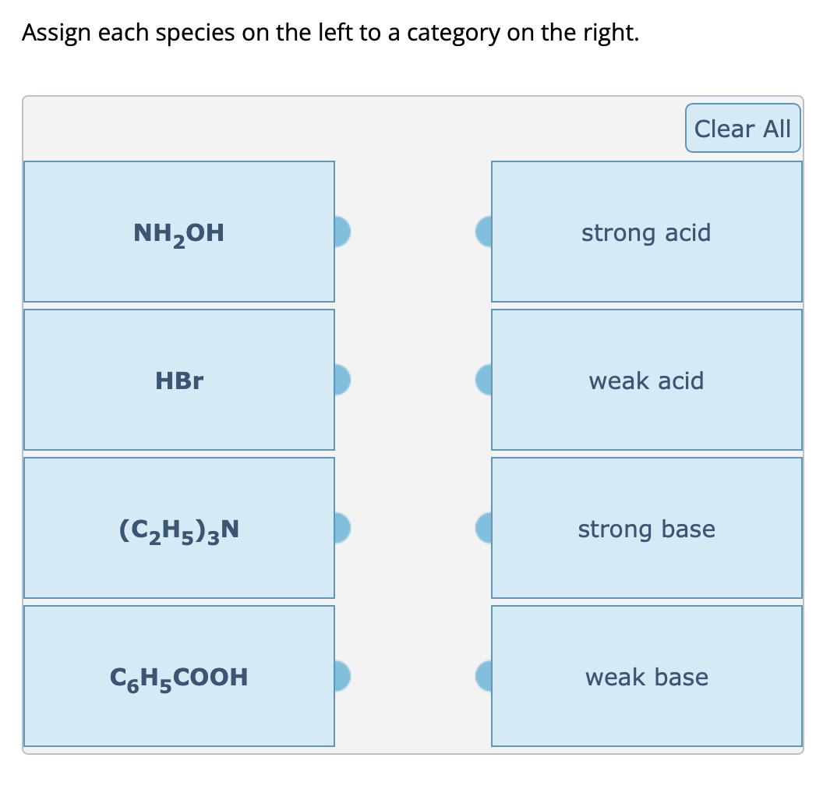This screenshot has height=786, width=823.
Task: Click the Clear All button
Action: pyautogui.click(x=742, y=128)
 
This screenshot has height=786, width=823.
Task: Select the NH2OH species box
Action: pyautogui.click(x=179, y=232)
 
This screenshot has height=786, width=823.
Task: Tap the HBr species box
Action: pyautogui.click(x=179, y=380)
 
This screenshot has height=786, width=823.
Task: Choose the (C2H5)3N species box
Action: pyautogui.click(x=179, y=528)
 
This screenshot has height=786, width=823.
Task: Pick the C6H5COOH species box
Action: pyautogui.click(x=179, y=676)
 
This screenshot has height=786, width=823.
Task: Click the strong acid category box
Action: pyautogui.click(x=646, y=232)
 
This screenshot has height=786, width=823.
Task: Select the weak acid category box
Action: pyautogui.click(x=646, y=380)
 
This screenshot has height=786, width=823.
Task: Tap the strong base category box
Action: pyautogui.click(x=646, y=528)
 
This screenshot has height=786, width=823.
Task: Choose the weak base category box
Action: pyautogui.click(x=646, y=676)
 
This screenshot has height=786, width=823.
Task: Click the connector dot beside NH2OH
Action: pyautogui.click(x=342, y=231)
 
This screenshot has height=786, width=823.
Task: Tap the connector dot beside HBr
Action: pyautogui.click(x=342, y=379)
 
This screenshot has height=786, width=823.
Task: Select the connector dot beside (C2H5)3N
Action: pyautogui.click(x=342, y=527)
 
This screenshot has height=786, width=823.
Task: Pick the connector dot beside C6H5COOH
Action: pyautogui.click(x=342, y=675)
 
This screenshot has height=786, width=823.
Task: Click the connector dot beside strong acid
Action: pyautogui.click(x=484, y=231)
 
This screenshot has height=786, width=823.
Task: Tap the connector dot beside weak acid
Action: pyautogui.click(x=484, y=379)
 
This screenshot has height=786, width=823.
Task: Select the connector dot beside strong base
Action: pyautogui.click(x=484, y=527)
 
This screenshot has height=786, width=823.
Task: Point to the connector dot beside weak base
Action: pyautogui.click(x=484, y=675)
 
